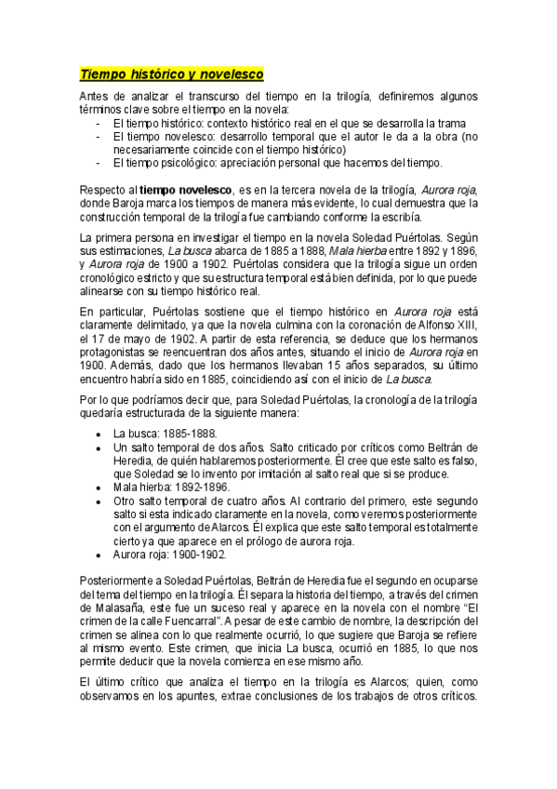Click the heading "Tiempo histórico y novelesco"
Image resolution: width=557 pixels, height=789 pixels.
(172, 74)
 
